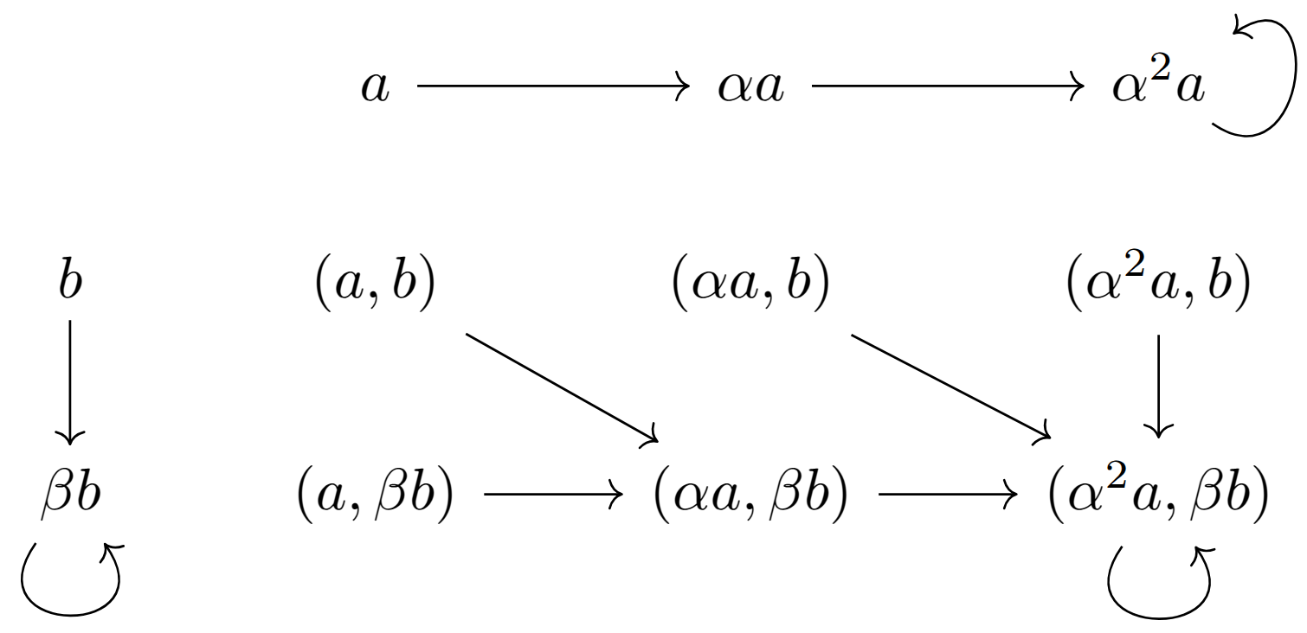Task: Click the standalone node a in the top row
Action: click(375, 87)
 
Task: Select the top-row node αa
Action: click(750, 87)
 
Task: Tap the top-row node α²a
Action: click(1158, 87)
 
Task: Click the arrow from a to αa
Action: click(552, 86)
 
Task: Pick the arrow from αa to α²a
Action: click(947, 86)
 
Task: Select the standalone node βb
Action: click(71, 496)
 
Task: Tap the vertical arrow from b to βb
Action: click(70, 380)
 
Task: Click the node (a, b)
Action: click(374, 285)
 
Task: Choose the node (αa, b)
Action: click(750, 285)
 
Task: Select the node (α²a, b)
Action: click(1158, 285)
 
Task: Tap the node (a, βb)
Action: click(374, 496)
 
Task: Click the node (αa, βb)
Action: click(750, 496)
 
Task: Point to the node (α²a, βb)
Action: click(1158, 496)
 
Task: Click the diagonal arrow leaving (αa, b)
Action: click(950, 386)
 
